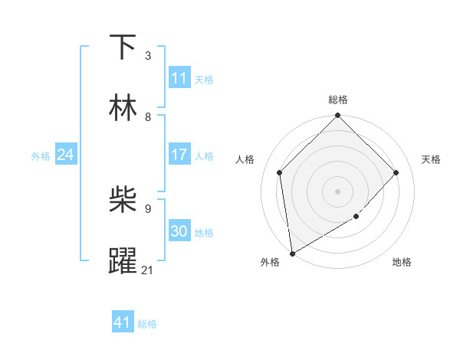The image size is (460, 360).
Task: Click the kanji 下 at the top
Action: [x=123, y=47]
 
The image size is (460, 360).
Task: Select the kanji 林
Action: [x=123, y=107]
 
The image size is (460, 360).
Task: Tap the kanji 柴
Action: [x=123, y=200]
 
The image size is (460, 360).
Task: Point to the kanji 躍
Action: [x=123, y=260]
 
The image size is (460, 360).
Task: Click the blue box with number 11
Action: [x=179, y=77]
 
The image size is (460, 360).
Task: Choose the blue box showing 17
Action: [x=179, y=155]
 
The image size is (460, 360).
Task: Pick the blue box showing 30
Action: [x=179, y=231]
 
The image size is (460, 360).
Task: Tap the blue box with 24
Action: [x=66, y=155]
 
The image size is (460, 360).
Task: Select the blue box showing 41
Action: [x=123, y=322]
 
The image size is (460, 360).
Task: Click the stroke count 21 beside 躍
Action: [x=147, y=270]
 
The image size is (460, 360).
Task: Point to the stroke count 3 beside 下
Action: [x=147, y=56]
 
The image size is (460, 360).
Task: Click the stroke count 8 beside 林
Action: [x=147, y=117]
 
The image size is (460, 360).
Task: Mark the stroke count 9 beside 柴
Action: [x=147, y=208]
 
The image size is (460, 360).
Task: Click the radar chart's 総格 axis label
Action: [x=337, y=100]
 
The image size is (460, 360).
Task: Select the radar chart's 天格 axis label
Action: [x=432, y=159]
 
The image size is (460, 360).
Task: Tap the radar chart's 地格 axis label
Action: [x=402, y=263]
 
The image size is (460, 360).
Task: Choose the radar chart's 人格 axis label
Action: [x=245, y=159]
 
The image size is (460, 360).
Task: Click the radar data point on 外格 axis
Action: [x=292, y=254]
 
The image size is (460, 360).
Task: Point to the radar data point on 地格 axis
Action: [x=356, y=217]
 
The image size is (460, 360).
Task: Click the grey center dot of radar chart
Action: [x=337, y=191]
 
